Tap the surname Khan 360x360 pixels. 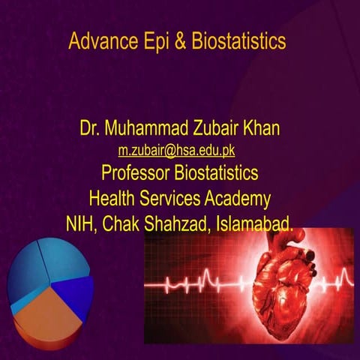(261, 129)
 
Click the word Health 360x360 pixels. (113, 199)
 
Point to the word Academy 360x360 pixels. (238, 199)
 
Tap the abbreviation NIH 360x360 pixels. (82, 223)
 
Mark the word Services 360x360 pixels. (175, 199)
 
